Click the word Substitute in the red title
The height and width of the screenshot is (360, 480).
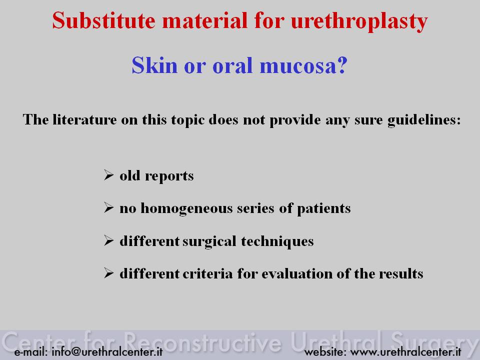click(x=104, y=20)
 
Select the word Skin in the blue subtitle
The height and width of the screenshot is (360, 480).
click(x=154, y=65)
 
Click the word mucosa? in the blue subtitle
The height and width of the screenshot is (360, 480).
click(x=303, y=65)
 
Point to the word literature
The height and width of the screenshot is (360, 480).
click(x=84, y=119)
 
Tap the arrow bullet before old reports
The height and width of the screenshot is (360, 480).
click(x=108, y=175)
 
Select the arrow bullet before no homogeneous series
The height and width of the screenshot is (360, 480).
click(x=108, y=207)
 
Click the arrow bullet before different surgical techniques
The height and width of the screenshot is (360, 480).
click(x=108, y=240)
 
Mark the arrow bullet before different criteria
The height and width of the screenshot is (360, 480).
click(x=108, y=273)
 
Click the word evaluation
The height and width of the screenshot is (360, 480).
click(x=297, y=273)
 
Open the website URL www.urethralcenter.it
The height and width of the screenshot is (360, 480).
click(x=405, y=351)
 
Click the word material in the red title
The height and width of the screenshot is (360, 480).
click(x=204, y=20)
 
